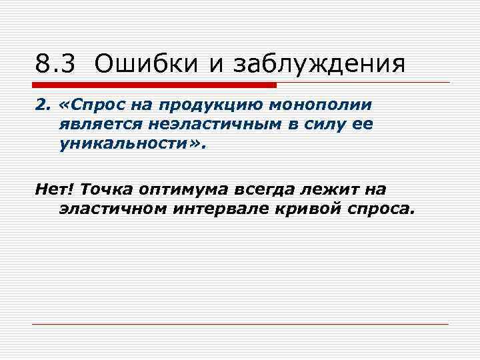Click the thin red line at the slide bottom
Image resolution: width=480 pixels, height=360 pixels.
(x=240, y=324)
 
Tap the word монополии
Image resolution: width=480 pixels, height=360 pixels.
(x=320, y=105)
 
